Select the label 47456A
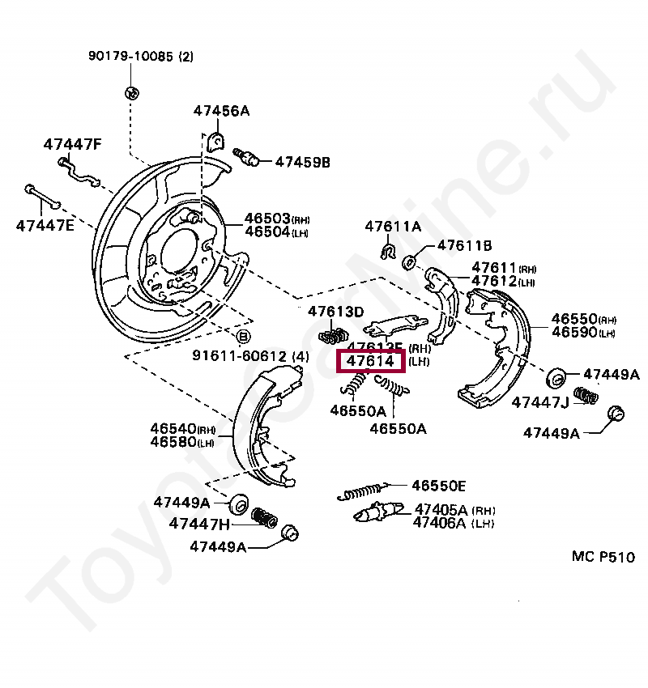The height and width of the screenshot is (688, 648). [x=221, y=111]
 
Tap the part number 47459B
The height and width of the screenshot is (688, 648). [x=302, y=162]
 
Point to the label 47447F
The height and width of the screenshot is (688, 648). [x=72, y=144]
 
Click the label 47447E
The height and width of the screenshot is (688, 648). [x=45, y=225]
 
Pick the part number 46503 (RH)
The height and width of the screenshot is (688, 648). [x=268, y=219]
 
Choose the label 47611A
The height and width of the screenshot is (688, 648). [x=393, y=227]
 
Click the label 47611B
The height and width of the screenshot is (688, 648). [x=465, y=244]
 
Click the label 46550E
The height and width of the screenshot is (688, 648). [x=438, y=486]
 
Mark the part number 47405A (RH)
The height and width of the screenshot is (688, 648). [x=441, y=509]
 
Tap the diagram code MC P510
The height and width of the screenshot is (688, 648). [x=603, y=556]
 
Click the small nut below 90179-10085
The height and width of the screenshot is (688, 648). [x=132, y=90]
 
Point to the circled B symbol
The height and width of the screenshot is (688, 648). [x=242, y=336]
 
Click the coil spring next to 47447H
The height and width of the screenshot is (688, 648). [x=261, y=516]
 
